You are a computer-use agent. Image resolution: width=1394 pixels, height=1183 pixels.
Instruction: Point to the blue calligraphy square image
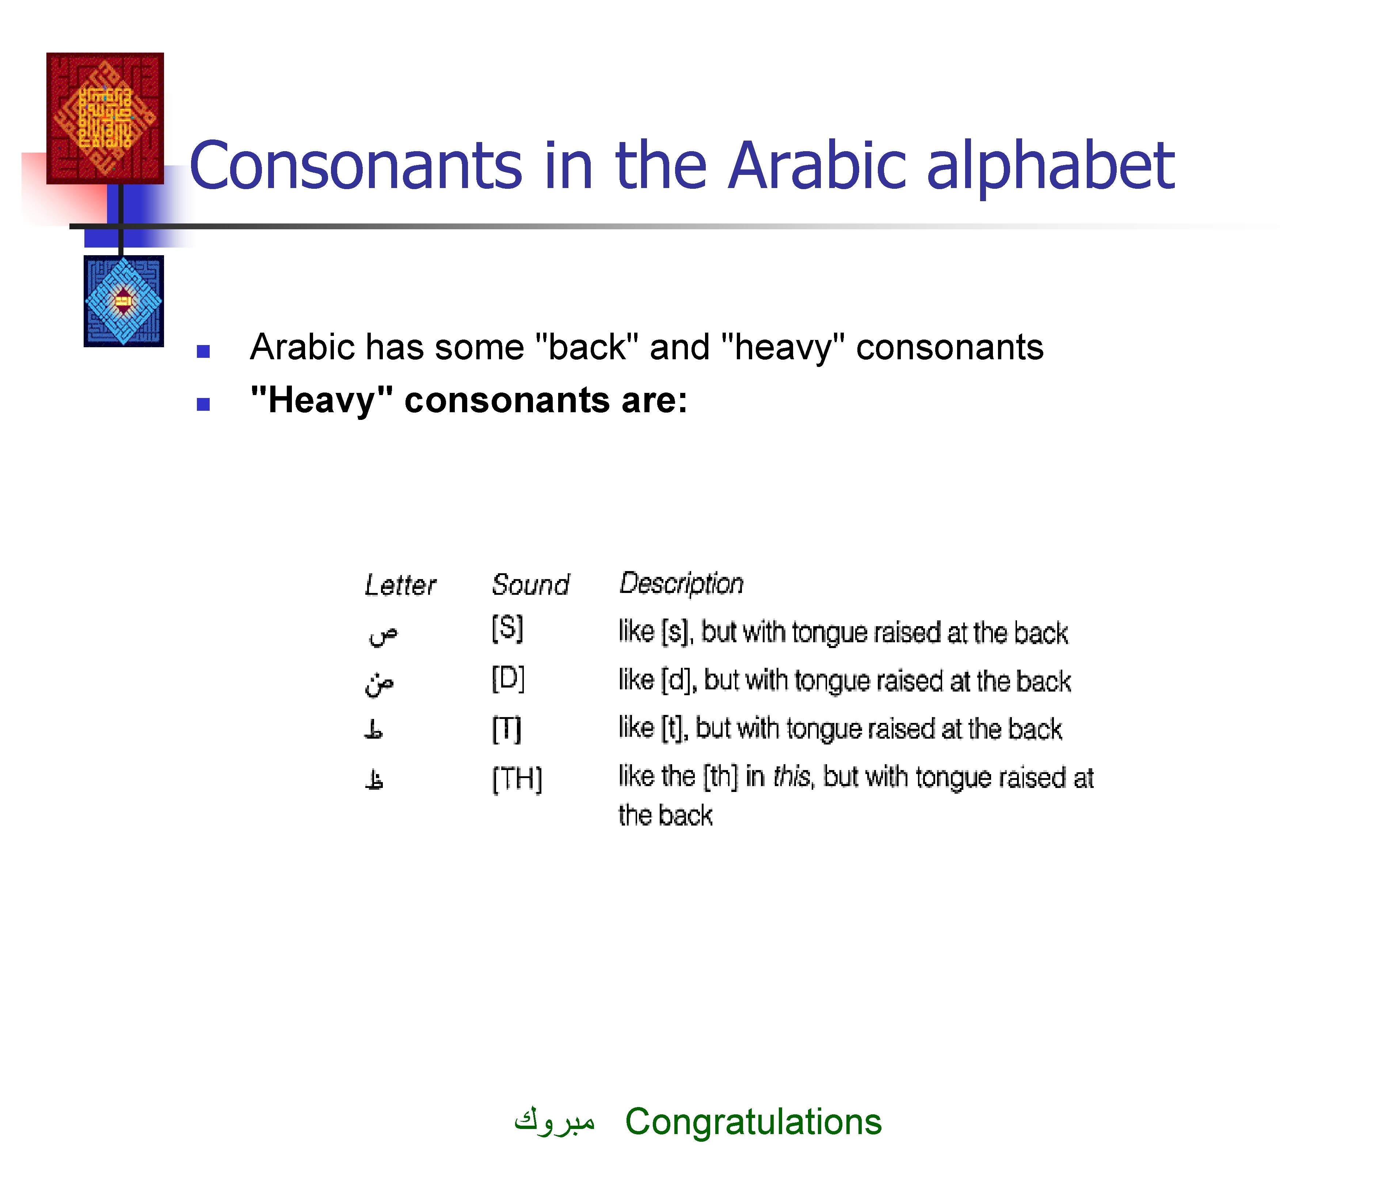coord(123,301)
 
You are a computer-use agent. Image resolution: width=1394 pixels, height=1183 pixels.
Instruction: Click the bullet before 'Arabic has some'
coord(203,351)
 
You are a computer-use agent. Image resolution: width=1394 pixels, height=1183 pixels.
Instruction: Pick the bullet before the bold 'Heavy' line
coord(203,405)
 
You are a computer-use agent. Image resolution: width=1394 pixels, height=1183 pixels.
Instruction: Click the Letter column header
coord(400,585)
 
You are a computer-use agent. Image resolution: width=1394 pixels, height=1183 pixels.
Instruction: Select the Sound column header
coord(530,585)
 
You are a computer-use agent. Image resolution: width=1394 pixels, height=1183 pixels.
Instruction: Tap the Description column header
coord(681,583)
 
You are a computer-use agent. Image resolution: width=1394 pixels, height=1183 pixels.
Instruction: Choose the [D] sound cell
coord(508,679)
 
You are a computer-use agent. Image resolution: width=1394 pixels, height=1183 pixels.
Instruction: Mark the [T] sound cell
coord(506,728)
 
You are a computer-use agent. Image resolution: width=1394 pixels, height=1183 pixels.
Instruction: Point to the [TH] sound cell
coord(517,778)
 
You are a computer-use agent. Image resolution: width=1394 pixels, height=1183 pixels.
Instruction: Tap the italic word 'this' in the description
coord(792,777)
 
